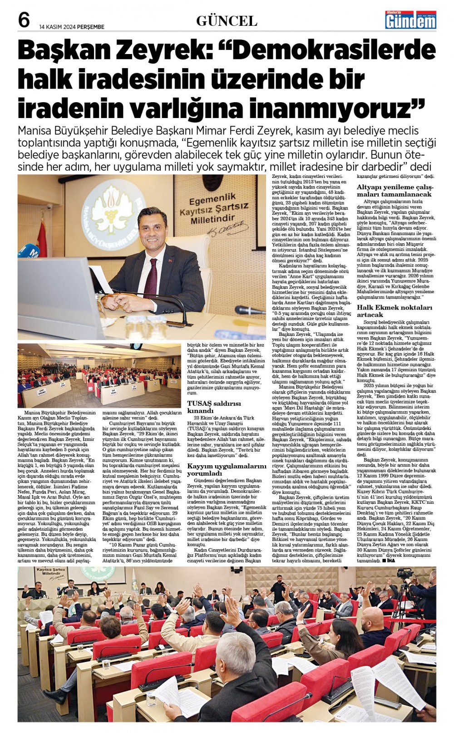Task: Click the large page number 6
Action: [x=24, y=20]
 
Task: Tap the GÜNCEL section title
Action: [x=227, y=21]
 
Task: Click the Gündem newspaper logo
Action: [x=410, y=20]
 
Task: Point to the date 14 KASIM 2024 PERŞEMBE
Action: [x=72, y=27]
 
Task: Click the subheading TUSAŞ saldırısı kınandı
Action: [x=214, y=407]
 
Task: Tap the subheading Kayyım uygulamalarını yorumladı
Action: [x=227, y=470]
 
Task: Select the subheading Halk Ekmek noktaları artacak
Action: [x=388, y=311]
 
